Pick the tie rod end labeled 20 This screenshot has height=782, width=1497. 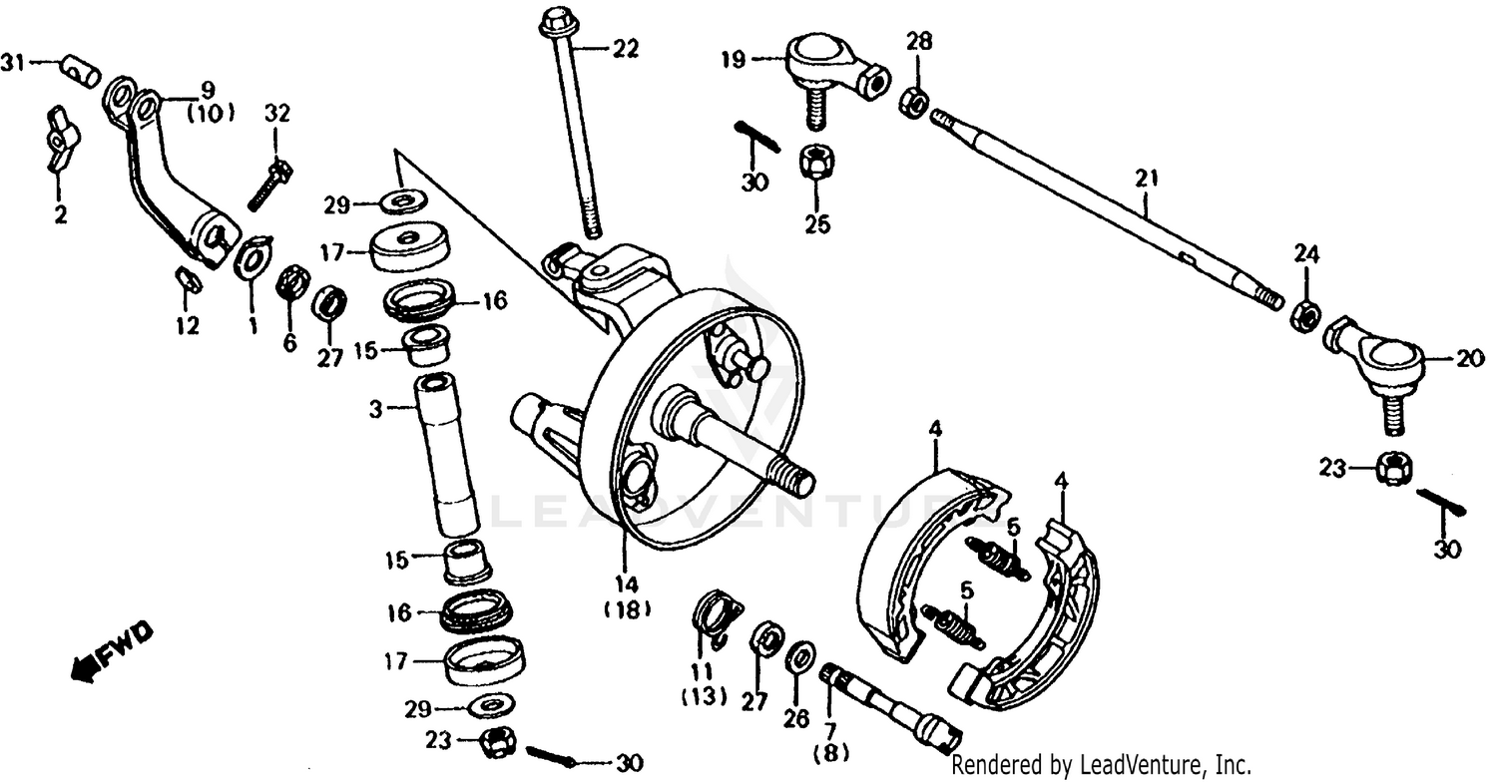(1377, 359)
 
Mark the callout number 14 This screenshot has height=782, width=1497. (626, 585)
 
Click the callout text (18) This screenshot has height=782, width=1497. (626, 609)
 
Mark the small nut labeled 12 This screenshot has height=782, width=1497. (188, 280)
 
